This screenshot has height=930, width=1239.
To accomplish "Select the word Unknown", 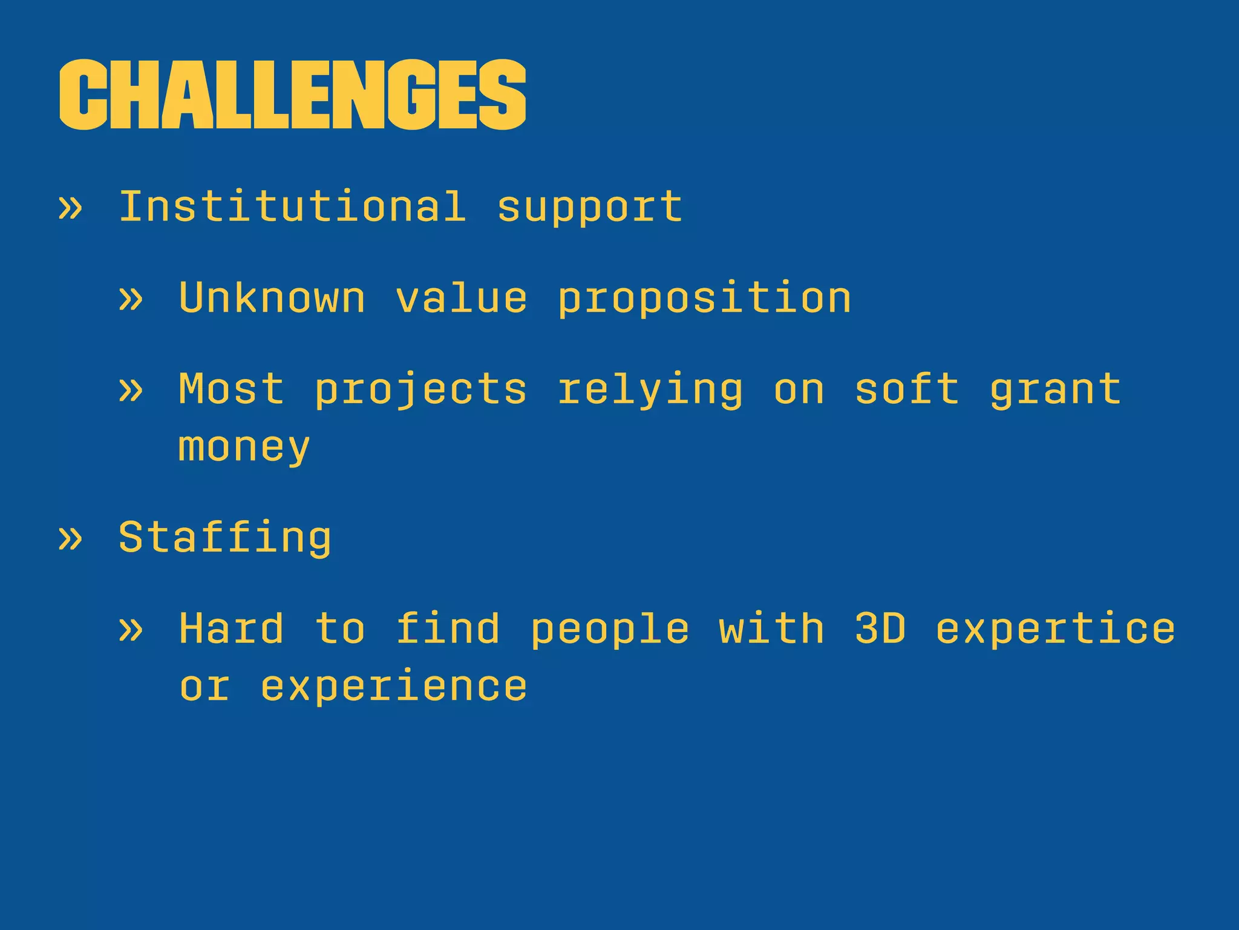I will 272,298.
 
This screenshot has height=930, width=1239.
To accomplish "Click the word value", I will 462,298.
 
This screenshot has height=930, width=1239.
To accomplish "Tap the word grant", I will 1056,389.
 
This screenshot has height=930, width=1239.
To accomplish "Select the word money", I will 244,448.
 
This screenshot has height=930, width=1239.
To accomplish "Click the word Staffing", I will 225,538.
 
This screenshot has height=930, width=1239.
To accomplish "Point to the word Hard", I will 231,628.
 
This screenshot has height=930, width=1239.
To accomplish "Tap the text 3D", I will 880,628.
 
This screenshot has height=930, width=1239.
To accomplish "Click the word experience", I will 394,687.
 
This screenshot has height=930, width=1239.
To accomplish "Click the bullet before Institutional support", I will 70,208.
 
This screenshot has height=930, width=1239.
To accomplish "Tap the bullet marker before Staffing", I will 70,538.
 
